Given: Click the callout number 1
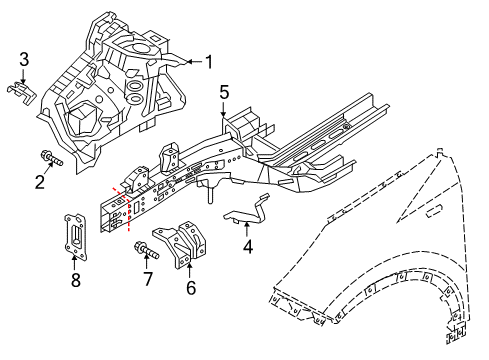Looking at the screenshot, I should point(210,61).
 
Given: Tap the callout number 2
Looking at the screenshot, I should point(41,181).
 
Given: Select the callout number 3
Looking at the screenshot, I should point(24,58).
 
